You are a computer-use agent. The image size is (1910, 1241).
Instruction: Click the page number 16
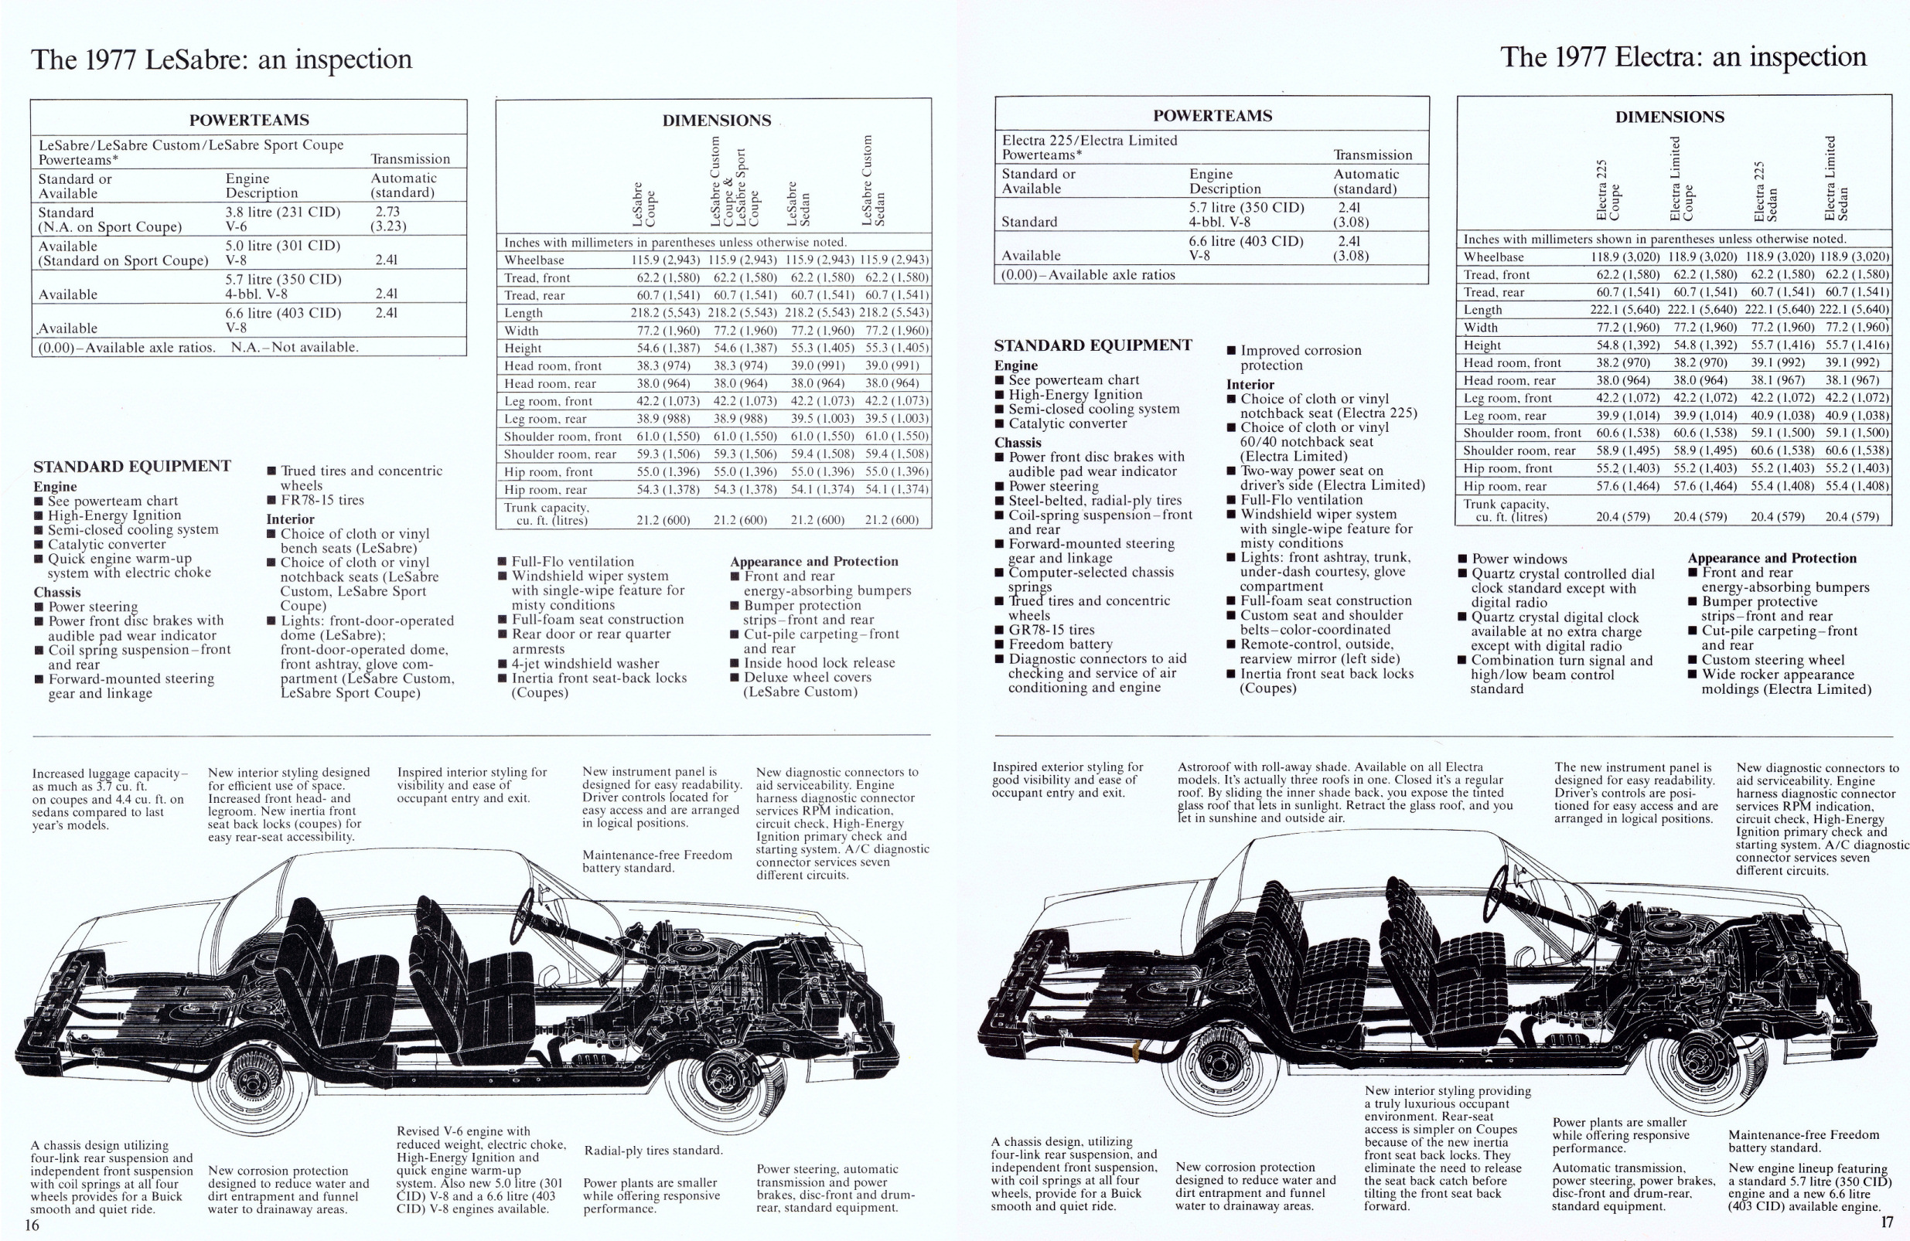[x=32, y=1224]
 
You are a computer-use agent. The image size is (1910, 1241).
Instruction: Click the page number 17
[x=1886, y=1222]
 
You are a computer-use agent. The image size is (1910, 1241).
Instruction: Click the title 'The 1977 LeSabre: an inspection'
[x=221, y=60]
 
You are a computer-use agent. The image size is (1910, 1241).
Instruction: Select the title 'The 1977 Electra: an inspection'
[x=1683, y=58]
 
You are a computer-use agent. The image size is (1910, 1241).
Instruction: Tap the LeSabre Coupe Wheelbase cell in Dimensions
[x=665, y=260]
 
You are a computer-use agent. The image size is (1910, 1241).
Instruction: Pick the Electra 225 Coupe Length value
[x=1622, y=310]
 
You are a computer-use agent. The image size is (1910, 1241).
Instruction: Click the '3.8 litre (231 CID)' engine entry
[x=282, y=212]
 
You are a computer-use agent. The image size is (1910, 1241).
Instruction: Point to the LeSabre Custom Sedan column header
[x=872, y=181]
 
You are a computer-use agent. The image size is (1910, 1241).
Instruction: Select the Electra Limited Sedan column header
[x=1837, y=178]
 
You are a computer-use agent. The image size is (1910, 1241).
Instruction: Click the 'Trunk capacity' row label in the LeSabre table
[x=546, y=513]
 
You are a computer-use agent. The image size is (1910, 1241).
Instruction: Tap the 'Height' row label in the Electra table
[x=1482, y=345]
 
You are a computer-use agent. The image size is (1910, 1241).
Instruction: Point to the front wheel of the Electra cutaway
[x=1714, y=1059]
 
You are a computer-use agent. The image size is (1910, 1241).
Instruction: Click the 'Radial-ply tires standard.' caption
[x=653, y=1151]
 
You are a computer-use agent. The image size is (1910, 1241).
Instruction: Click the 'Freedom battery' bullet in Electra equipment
[x=1060, y=644]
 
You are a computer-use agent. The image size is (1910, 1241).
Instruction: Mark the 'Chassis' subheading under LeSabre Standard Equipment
[x=57, y=592]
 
